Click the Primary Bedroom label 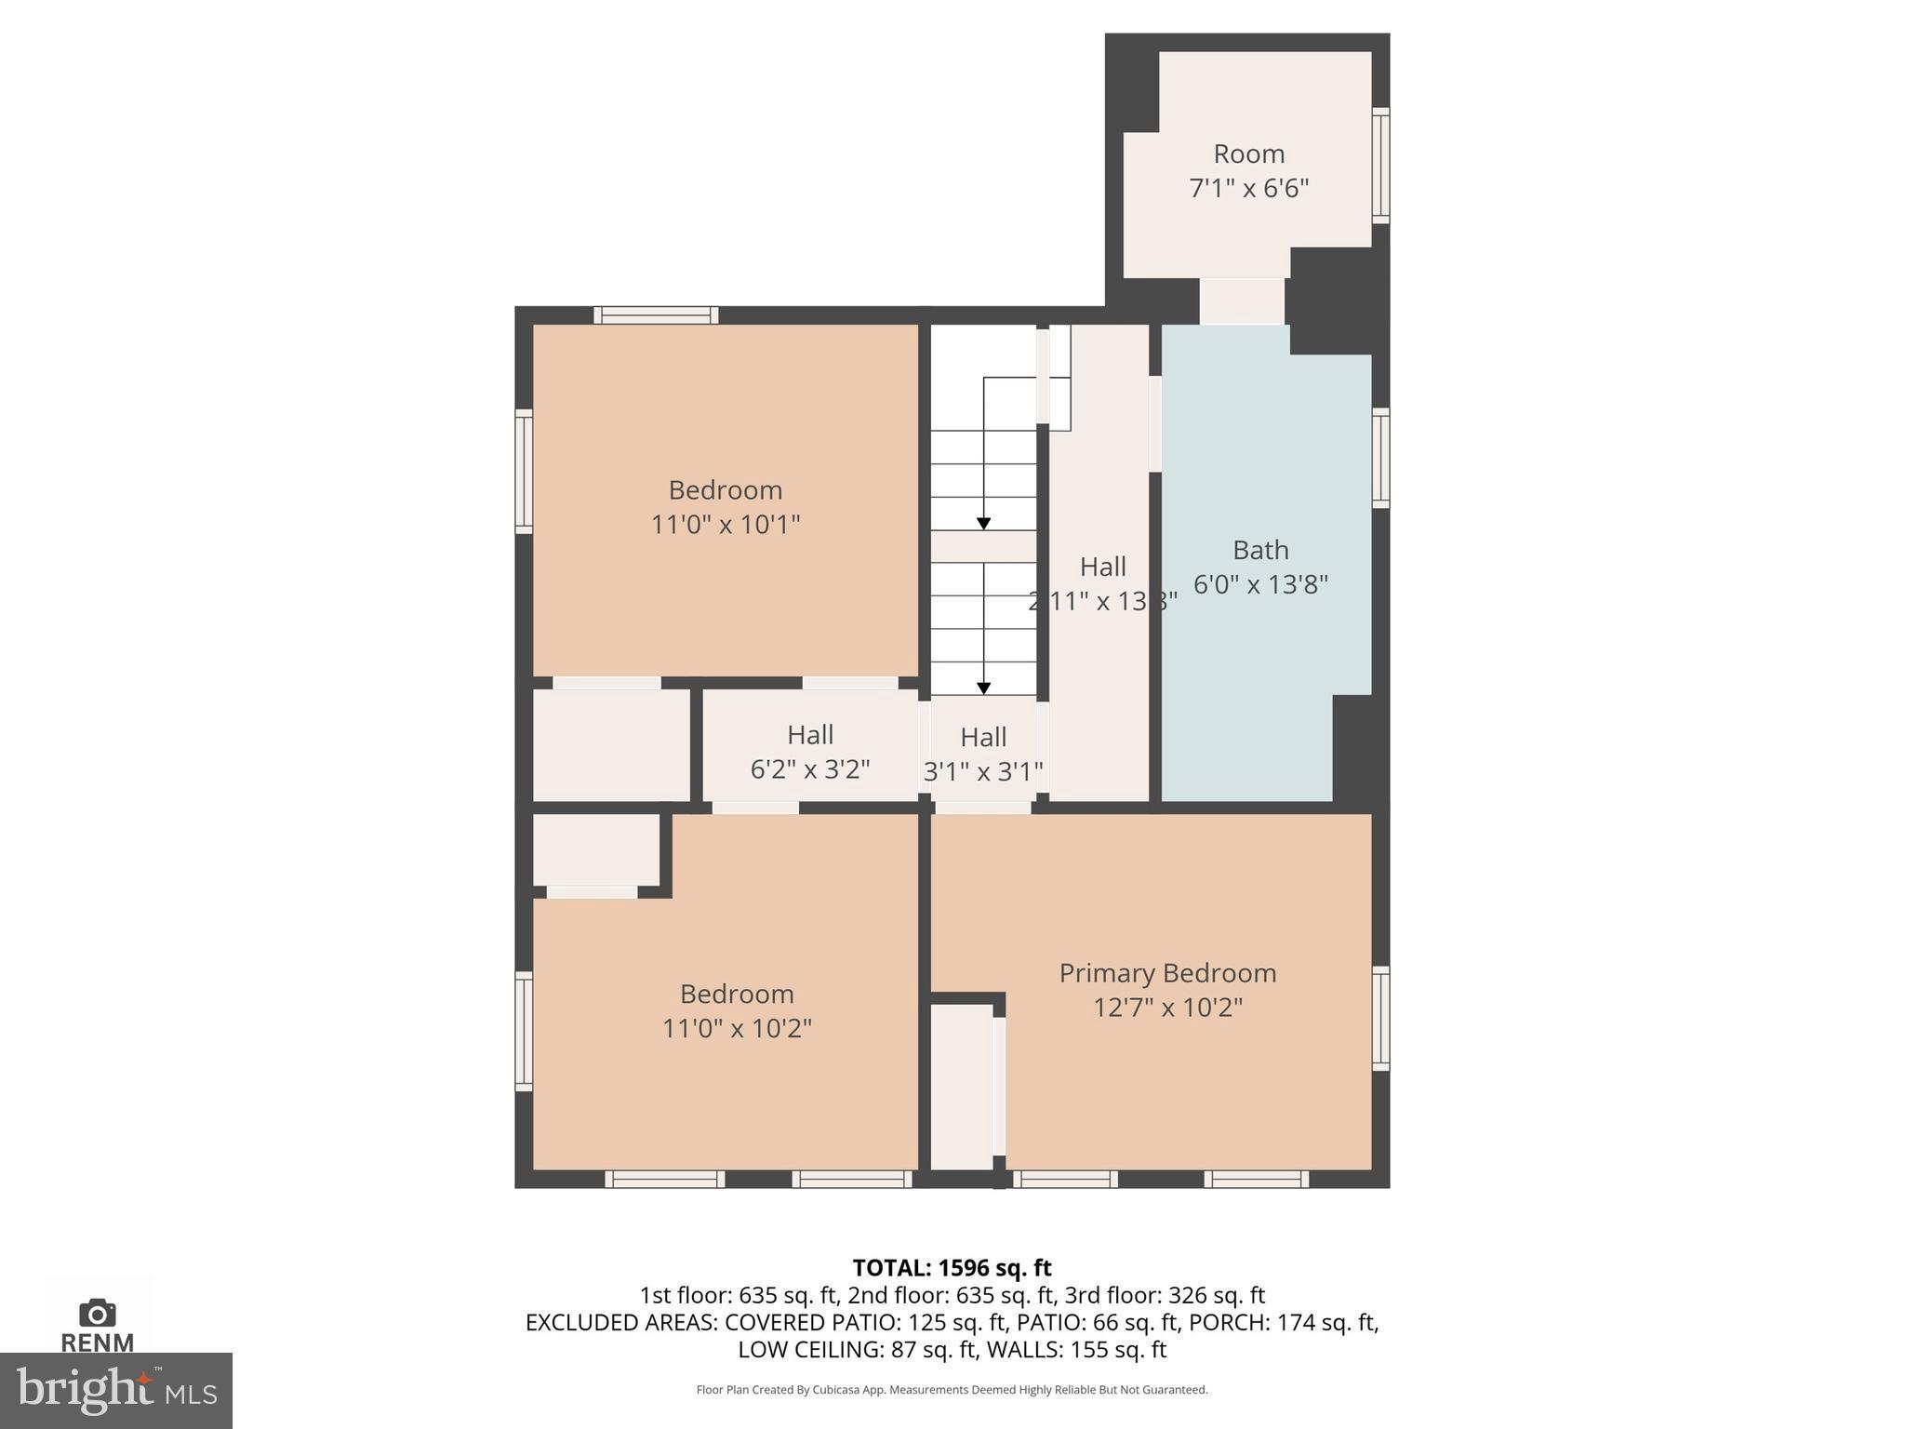pos(1167,973)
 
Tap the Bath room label pos(1260,550)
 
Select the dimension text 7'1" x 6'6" pos(1248,189)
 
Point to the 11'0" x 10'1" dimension pos(725,525)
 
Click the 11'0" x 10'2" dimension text pos(736,1029)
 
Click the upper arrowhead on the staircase pos(983,524)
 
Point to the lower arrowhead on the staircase pos(983,688)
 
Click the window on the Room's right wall pos(1381,166)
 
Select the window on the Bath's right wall pos(1381,458)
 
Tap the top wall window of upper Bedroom pos(656,315)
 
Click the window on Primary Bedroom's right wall pos(1381,1018)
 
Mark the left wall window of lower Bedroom pos(524,1031)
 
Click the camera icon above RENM pos(97,1313)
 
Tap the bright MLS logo pos(115,1390)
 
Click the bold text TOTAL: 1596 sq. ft pos(952,1268)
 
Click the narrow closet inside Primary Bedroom pos(962,1087)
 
